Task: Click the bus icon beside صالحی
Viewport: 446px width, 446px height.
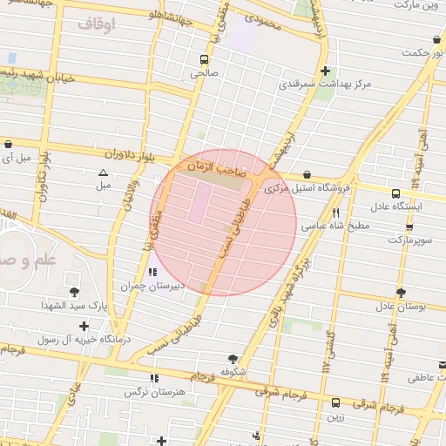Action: point(204,60)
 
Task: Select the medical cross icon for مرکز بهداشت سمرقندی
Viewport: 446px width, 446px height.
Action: point(325,71)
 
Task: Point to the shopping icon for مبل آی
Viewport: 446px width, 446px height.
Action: point(8,144)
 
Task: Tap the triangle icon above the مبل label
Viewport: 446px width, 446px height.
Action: point(103,172)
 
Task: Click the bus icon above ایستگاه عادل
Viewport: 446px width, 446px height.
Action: point(396,193)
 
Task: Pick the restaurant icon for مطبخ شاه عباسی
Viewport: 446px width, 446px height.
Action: point(335,212)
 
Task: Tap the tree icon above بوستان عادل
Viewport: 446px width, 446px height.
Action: point(400,293)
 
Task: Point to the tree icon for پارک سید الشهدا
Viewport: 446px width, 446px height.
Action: point(73,292)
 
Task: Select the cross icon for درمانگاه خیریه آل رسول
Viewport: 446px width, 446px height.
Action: point(83,326)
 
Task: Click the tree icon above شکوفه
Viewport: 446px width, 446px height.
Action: point(232,358)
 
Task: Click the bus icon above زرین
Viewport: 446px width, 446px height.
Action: point(336,402)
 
